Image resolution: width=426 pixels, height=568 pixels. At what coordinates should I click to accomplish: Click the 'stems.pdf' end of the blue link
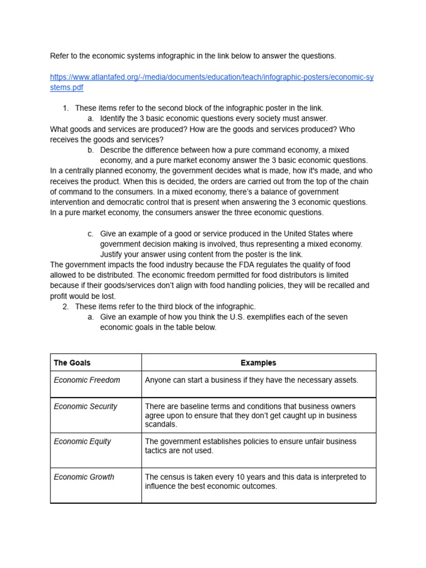(67, 88)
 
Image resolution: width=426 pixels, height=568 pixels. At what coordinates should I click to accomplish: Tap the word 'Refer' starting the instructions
(60, 56)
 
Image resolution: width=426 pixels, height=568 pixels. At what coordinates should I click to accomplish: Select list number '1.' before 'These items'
(65, 108)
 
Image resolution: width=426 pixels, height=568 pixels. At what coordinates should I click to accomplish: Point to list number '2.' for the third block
(65, 307)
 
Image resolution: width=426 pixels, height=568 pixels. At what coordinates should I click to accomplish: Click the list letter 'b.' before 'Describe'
(91, 150)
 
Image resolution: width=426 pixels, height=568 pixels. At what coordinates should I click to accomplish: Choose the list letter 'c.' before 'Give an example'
(91, 234)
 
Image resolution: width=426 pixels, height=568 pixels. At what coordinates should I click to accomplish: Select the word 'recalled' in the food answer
(338, 286)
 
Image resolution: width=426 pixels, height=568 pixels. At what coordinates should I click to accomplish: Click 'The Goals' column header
(72, 363)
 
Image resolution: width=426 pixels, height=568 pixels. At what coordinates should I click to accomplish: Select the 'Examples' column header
(258, 363)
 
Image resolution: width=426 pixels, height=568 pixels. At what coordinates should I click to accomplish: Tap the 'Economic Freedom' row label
(87, 380)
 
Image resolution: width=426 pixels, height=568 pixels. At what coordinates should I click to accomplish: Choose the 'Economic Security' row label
(85, 407)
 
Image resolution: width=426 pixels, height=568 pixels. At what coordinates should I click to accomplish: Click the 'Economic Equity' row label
(82, 442)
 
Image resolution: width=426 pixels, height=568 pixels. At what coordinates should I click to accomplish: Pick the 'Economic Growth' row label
(84, 477)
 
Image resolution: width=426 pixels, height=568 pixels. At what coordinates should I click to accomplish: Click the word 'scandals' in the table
(161, 424)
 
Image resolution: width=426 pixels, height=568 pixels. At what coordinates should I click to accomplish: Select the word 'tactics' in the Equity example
(157, 451)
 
